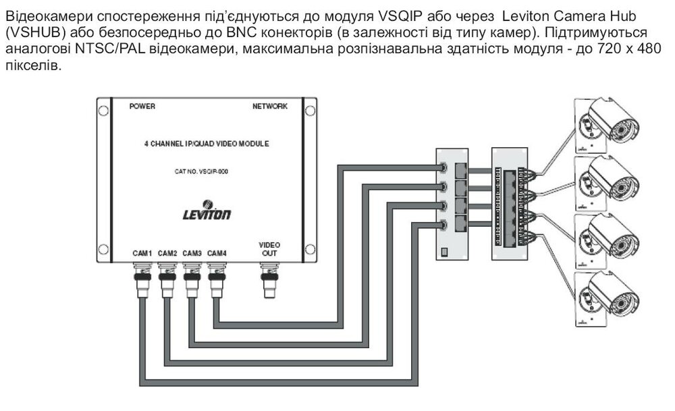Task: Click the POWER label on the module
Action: pos(142,107)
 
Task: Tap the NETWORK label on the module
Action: pos(270,107)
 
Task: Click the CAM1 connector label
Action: pos(142,253)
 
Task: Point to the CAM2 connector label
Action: pos(167,253)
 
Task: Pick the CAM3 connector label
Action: pos(192,253)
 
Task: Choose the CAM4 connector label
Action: pos(217,253)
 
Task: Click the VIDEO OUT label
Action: pos(269,249)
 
